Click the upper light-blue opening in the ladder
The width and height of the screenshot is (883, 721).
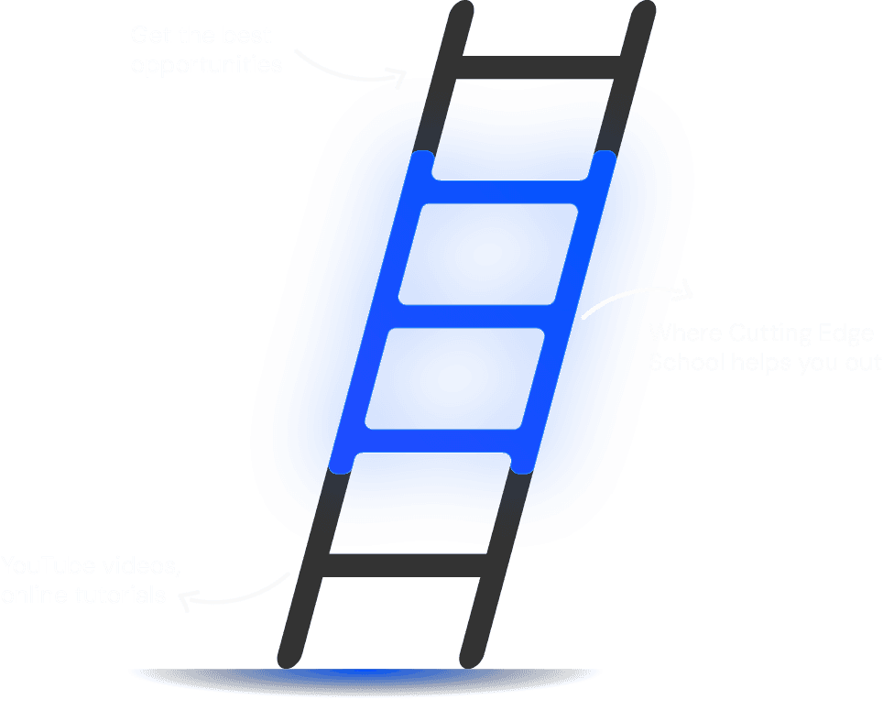pos(489,254)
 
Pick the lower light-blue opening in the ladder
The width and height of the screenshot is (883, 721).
pos(455,377)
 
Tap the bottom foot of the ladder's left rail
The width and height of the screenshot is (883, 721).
pos(292,655)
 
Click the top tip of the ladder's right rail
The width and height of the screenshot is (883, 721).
pos(645,14)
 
